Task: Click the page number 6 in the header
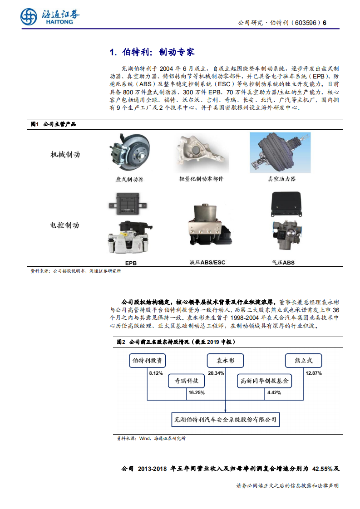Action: coord(325,23)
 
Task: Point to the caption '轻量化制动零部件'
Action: coord(201,179)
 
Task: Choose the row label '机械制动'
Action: coord(65,155)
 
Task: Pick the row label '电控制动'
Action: coord(65,225)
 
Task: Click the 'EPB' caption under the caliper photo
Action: coord(131,263)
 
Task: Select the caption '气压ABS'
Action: coord(283,263)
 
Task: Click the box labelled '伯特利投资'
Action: coord(147,361)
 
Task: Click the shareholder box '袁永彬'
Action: coord(225,361)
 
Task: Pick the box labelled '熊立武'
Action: coord(303,361)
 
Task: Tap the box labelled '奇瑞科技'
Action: coord(186,381)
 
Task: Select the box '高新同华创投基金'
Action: coord(265,381)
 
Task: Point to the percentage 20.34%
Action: coord(216,373)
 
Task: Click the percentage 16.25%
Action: coord(196,392)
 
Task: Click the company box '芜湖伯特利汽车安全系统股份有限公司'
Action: coord(225,420)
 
